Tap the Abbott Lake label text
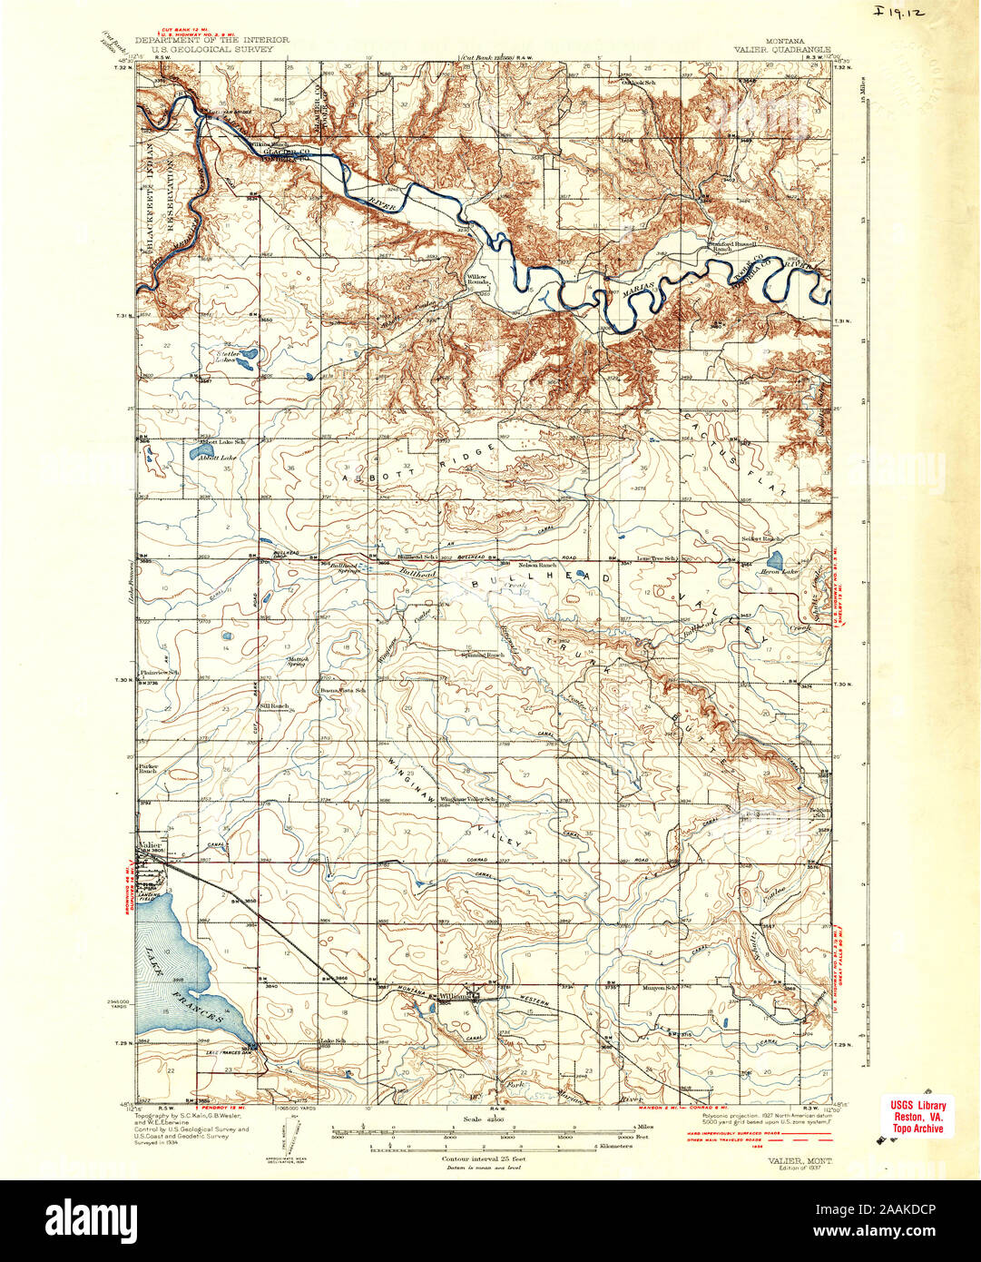(217, 458)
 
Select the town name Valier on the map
(150, 844)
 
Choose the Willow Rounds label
(477, 280)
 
